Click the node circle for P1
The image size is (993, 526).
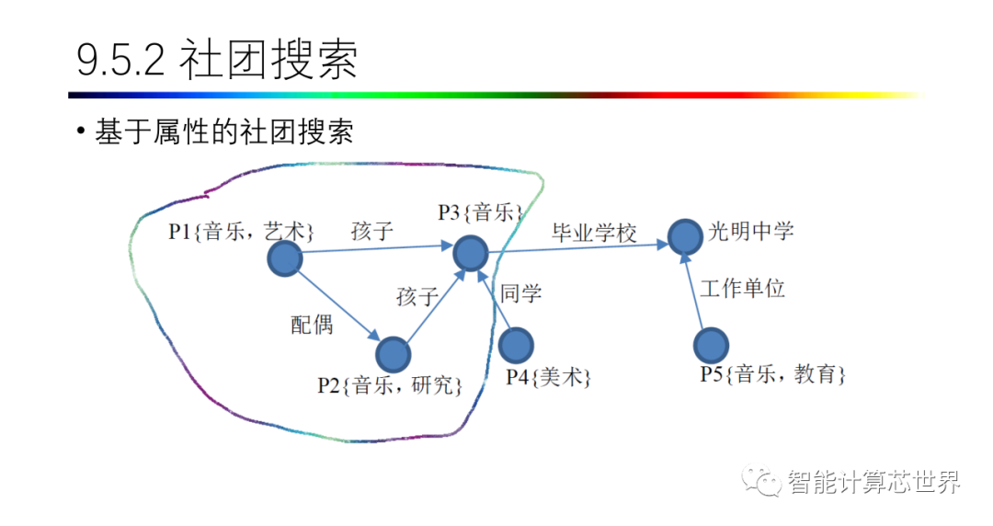(284, 259)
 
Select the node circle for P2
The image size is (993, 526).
(393, 354)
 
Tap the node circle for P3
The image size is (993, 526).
(470, 252)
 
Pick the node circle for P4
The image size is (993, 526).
(515, 344)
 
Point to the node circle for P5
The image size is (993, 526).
(710, 345)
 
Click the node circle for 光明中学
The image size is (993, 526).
(684, 237)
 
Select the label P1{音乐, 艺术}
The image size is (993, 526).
(242, 231)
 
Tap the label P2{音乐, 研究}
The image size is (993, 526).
(390, 384)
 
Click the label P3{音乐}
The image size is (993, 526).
(480, 213)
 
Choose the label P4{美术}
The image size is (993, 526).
(548, 376)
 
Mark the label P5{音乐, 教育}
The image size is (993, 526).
(772, 374)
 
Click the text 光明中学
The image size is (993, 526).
(751, 231)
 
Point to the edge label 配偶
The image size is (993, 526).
(312, 325)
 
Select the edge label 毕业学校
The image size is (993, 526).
(594, 233)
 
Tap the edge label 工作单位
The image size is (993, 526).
(742, 289)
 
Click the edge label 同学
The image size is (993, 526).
(520, 293)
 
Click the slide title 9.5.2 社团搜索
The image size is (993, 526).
(217, 61)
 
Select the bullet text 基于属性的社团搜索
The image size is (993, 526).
(223, 131)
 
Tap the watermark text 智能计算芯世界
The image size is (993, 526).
(873, 482)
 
